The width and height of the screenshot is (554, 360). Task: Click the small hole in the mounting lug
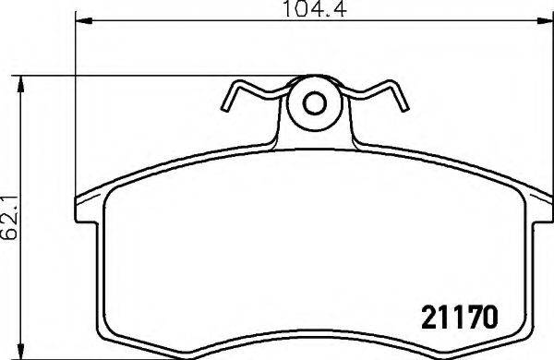pos(314,103)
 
